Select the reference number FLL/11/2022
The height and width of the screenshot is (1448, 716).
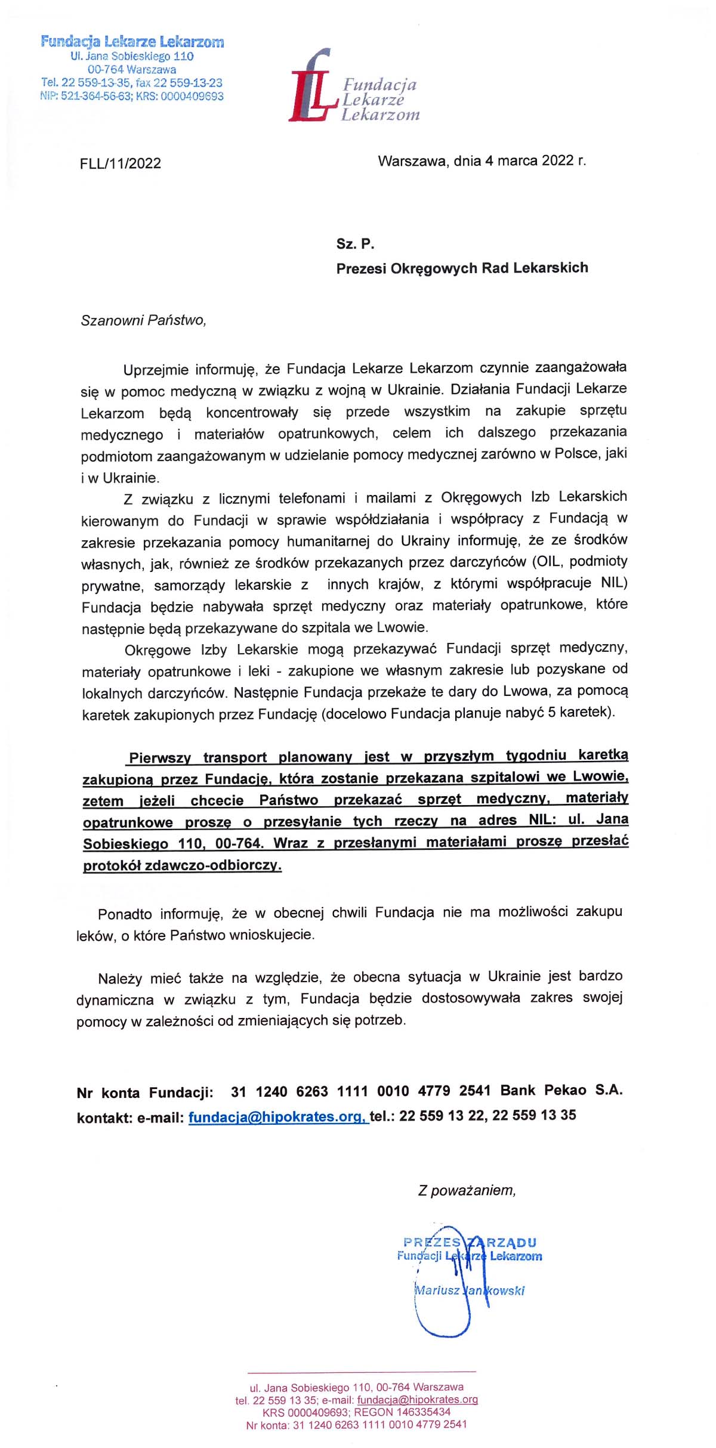[121, 163]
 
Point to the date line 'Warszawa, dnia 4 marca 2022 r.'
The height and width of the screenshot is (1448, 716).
[482, 161]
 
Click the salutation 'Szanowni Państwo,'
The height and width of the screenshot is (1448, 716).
[143, 320]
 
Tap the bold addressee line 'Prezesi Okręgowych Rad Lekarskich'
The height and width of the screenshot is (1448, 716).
[462, 268]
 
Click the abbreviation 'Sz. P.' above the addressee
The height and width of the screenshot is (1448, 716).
[355, 243]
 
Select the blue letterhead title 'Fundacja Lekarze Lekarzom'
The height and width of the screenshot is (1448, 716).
[132, 42]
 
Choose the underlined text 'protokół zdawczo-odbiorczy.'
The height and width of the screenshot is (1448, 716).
[182, 865]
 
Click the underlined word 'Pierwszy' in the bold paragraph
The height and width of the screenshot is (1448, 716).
[159, 758]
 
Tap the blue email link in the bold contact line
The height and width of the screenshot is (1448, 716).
[278, 1117]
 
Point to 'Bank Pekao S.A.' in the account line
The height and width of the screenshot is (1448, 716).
[561, 1091]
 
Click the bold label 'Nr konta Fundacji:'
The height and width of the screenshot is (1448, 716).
[145, 1093]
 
